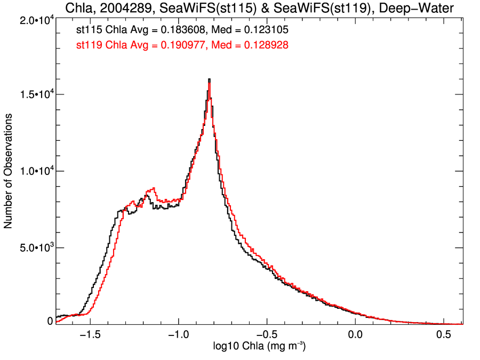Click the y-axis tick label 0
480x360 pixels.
[x=50, y=321]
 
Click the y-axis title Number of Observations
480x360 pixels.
[x=9, y=171]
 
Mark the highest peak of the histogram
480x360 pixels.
[x=210, y=79]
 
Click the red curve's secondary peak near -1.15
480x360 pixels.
[x=153, y=188]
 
